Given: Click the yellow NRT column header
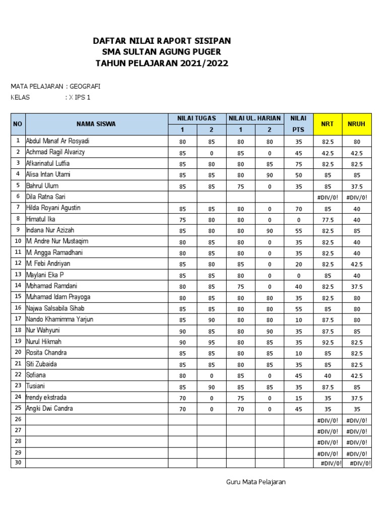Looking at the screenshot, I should (x=328, y=124).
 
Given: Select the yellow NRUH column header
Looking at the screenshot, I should (x=357, y=124).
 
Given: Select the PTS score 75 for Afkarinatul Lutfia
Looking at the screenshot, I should (x=299, y=164).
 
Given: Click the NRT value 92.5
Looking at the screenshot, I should (x=328, y=342).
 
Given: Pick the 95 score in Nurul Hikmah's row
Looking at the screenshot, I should (x=211, y=342).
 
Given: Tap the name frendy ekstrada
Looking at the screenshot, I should (x=46, y=397).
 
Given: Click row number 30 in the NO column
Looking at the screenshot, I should (x=18, y=463).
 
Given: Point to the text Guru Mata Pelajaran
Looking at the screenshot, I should (x=256, y=482).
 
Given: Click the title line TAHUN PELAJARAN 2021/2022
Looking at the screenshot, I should (x=162, y=63).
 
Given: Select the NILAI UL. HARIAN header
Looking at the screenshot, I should (x=255, y=118).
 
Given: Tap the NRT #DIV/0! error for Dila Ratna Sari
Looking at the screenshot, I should (x=328, y=197).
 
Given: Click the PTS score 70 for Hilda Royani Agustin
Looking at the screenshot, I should (x=299, y=208).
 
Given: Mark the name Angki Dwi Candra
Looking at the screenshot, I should (x=49, y=409).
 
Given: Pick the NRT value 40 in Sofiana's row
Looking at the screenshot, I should (x=328, y=375).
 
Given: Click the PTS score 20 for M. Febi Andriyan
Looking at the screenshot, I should (x=299, y=264).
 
